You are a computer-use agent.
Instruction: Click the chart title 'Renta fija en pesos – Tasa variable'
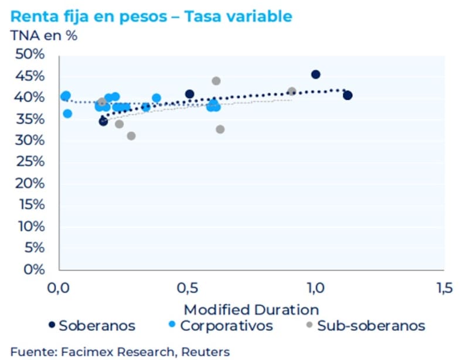coord(151,16)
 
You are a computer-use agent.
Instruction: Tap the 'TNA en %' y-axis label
coord(44,35)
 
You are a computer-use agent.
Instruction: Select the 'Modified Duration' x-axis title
coord(252,310)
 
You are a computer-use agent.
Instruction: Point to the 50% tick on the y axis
coord(29,55)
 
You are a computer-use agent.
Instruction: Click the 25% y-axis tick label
coord(29,162)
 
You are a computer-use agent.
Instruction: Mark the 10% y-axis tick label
coord(29,226)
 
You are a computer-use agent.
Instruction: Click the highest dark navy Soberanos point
coord(315,74)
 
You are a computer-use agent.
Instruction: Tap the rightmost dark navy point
coord(348,95)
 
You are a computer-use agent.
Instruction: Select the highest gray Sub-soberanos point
coord(216,81)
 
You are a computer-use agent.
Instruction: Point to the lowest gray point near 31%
coord(131,136)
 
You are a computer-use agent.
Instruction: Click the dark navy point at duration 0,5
coord(189,94)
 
